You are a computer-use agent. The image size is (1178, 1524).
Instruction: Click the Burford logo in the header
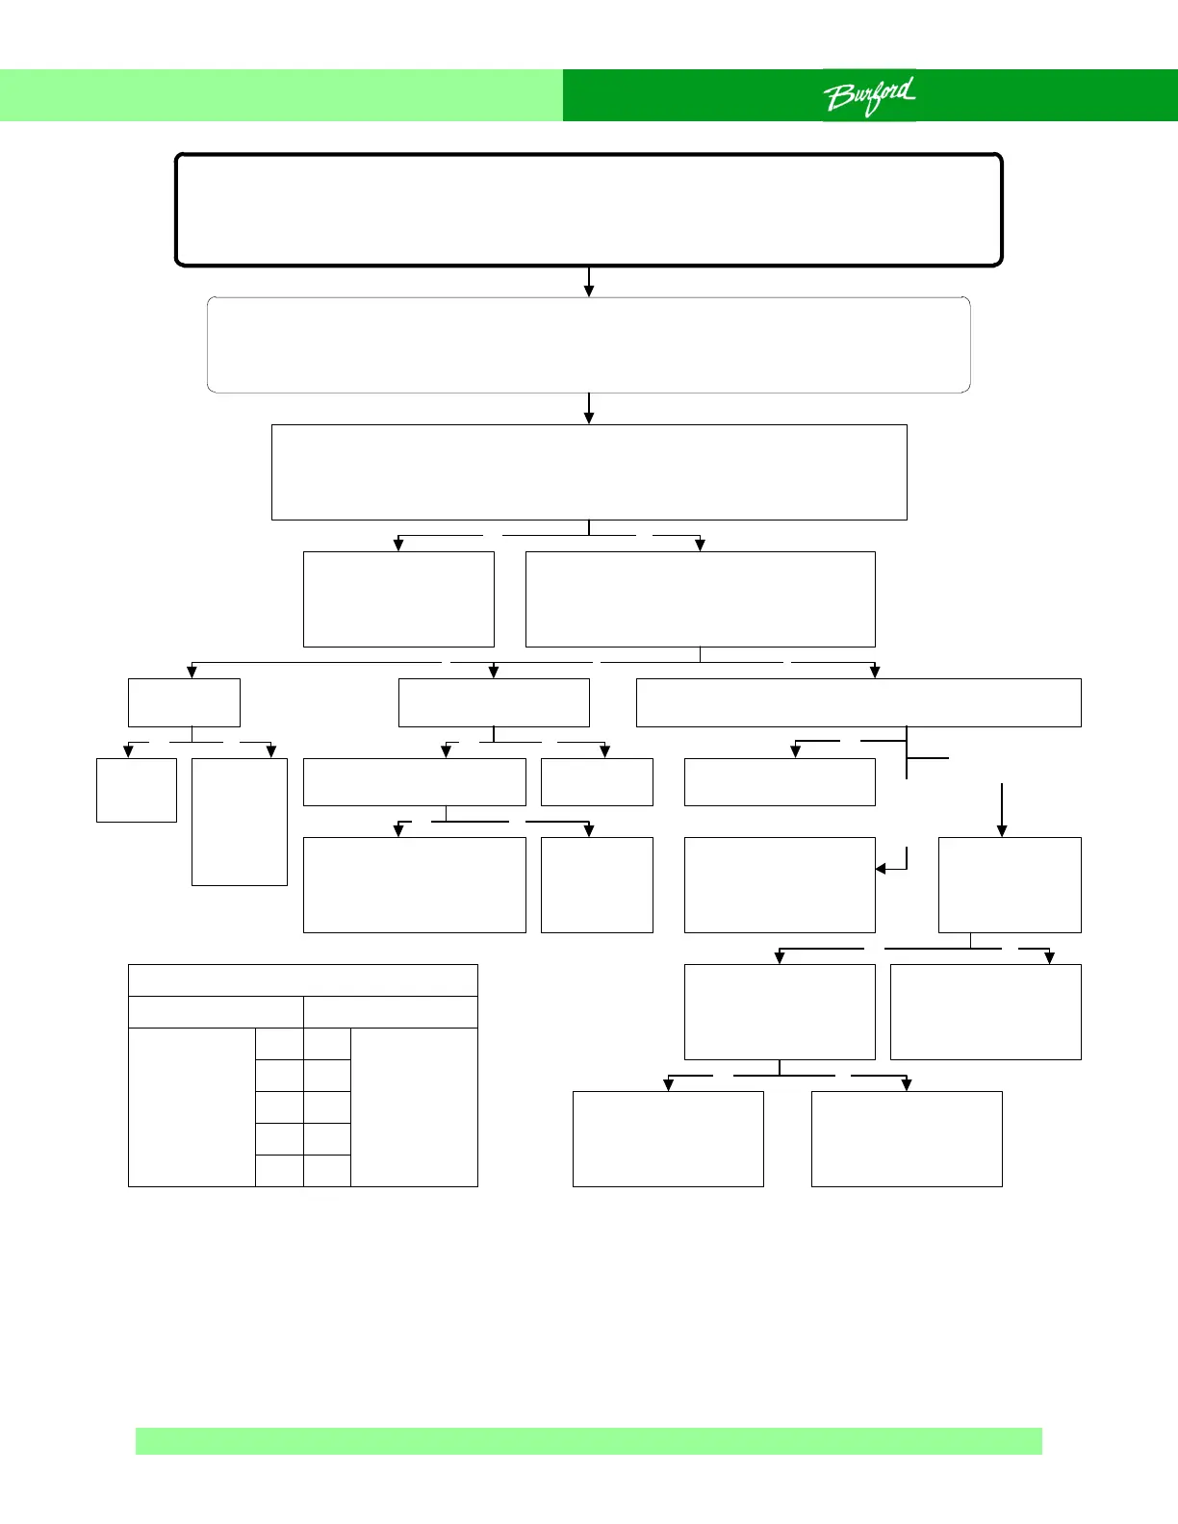[869, 96]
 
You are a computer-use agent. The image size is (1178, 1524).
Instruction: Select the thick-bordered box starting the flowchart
[588, 209]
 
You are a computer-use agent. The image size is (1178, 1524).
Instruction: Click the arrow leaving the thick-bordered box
[589, 282]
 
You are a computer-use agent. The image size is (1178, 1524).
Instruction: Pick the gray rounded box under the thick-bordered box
[588, 344]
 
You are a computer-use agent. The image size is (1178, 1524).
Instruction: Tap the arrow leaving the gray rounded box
[589, 408]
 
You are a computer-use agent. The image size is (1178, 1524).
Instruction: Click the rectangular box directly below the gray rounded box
[589, 471]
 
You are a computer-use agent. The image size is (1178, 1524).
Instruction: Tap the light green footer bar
[588, 1440]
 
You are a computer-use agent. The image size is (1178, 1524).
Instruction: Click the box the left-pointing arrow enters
[780, 884]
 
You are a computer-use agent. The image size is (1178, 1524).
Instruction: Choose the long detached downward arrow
[1002, 809]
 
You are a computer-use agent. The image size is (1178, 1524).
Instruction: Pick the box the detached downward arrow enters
[1010, 884]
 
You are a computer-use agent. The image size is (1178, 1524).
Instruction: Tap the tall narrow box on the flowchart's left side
[240, 822]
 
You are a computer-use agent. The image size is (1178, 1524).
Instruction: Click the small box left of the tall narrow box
[137, 790]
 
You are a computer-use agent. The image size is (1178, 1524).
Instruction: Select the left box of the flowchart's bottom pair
[668, 1138]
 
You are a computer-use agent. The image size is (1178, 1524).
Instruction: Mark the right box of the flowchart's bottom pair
[907, 1138]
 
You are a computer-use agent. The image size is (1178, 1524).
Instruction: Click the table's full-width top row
[302, 979]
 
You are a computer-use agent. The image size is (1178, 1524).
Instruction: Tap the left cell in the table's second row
[216, 1011]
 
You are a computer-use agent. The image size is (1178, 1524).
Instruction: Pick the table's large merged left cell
[192, 1106]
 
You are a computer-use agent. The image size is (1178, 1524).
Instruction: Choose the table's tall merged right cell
[414, 1106]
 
